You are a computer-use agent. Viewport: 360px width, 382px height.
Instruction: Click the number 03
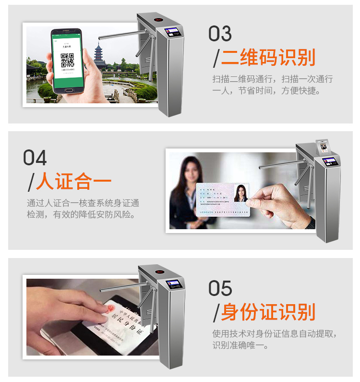point(220,34)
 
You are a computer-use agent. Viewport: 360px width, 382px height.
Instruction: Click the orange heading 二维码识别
point(268,57)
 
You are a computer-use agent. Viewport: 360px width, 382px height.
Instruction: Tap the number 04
point(35,158)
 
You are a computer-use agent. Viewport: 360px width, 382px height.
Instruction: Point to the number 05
point(220,288)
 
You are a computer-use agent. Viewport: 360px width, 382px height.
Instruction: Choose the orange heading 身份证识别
point(268,312)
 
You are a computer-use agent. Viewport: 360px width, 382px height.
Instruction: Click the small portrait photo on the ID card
point(240,193)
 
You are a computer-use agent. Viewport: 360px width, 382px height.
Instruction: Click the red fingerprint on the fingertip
point(109,307)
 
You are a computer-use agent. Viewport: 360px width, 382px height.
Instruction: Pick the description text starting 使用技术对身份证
point(274,339)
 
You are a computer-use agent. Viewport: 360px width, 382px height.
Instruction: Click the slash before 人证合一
point(31,183)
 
